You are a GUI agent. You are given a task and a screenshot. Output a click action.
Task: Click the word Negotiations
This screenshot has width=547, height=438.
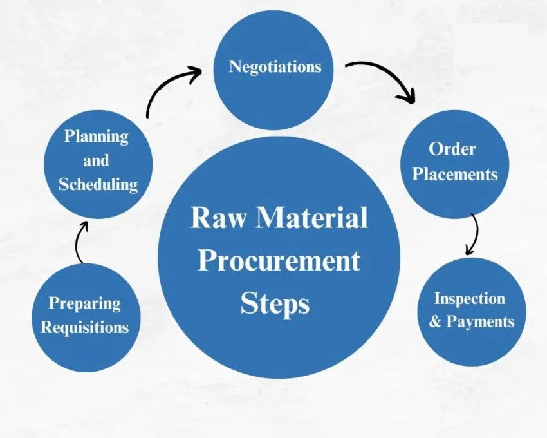[x=275, y=66]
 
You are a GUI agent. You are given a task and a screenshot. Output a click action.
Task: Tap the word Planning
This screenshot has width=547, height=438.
[x=96, y=137]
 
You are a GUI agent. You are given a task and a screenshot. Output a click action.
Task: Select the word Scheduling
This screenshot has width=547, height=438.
[x=98, y=184]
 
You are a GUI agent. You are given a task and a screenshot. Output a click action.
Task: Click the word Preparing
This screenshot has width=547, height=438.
[x=85, y=303]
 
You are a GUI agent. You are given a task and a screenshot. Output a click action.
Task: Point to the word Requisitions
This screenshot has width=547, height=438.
[x=85, y=327]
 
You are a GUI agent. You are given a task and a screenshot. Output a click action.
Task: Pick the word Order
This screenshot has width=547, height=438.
[x=452, y=149]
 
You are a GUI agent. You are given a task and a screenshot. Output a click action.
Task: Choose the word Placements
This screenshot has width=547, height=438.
[x=455, y=174]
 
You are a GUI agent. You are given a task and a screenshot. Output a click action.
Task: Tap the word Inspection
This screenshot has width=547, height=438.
[x=469, y=298]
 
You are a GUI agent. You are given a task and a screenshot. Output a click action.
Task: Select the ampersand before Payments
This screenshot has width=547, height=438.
[x=435, y=321]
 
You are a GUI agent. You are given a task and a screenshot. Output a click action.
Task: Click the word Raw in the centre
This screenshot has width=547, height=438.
[x=216, y=218]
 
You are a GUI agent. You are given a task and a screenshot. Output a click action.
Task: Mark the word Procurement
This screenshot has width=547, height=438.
[x=279, y=261]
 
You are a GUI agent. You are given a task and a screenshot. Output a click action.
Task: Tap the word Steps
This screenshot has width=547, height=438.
[x=275, y=303]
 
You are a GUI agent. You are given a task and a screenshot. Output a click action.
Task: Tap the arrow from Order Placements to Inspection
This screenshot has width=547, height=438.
[x=474, y=233]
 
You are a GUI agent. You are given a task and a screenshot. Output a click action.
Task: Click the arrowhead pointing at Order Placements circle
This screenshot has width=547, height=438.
[x=407, y=97]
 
